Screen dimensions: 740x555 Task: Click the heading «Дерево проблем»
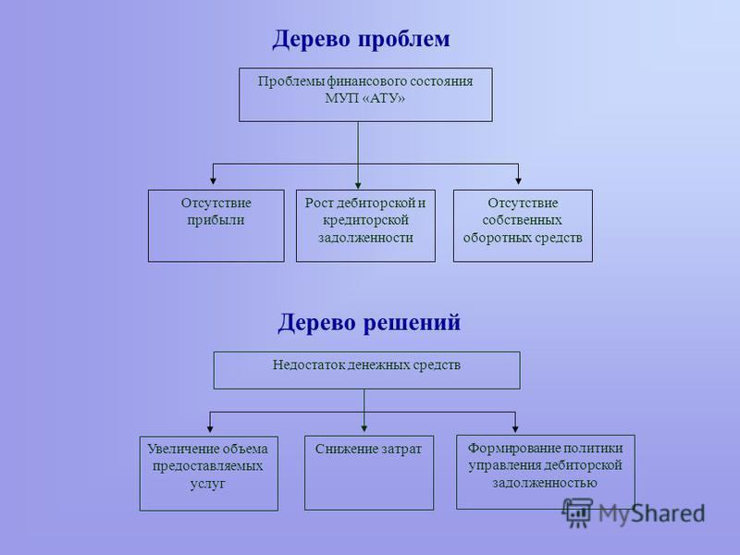361,39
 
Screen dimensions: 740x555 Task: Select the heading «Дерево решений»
369,323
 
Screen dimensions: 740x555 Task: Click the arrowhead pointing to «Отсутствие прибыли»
214,180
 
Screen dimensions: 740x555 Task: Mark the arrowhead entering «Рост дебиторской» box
358,186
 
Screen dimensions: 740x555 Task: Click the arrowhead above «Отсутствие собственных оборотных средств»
519,180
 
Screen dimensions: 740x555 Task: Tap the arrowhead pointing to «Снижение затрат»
364,428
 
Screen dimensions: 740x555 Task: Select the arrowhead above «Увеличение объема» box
210,429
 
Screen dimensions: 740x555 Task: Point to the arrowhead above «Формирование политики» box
515,429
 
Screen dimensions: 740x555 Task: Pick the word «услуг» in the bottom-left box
207,484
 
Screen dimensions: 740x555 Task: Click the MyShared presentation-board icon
577,513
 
